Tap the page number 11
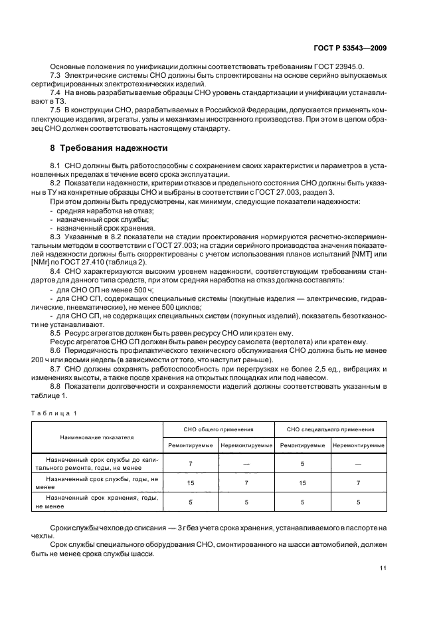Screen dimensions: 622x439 (383, 567)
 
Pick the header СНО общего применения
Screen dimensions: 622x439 (219, 430)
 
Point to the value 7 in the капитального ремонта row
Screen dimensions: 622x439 (191, 463)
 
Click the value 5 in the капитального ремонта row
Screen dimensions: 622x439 (302, 463)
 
